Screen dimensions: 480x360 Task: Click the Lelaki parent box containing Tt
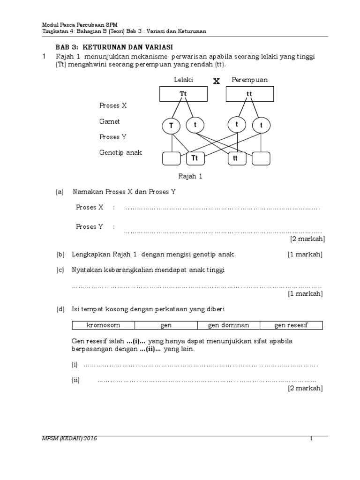click(183, 94)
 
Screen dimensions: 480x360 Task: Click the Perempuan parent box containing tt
click(249, 94)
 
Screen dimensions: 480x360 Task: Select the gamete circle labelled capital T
click(172, 126)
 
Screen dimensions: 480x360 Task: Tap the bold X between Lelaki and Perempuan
click(216, 81)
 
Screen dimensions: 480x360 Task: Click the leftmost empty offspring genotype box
click(172, 158)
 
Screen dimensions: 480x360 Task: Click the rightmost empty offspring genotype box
click(262, 158)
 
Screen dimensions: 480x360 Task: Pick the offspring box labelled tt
click(236, 158)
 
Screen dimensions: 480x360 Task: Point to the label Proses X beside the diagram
click(113, 105)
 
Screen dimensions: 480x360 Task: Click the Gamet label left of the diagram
click(109, 121)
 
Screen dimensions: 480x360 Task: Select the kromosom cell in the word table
click(104, 325)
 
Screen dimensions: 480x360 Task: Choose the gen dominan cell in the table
click(228, 325)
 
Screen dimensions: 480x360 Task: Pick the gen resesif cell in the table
click(291, 325)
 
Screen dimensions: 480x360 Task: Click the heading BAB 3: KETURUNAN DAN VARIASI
click(114, 47)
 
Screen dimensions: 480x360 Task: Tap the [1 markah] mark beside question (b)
click(305, 255)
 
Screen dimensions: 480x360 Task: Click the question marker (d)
click(60, 309)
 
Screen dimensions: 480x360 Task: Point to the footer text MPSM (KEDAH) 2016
click(70, 438)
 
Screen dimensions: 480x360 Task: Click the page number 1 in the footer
click(311, 438)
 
